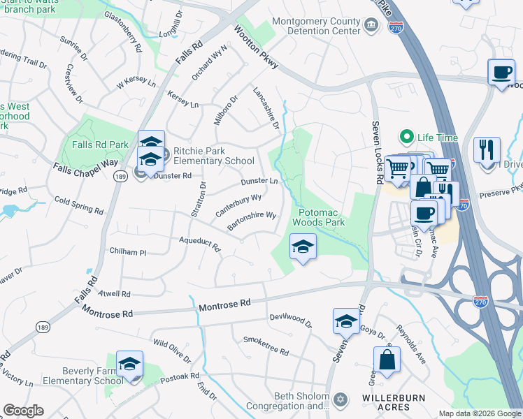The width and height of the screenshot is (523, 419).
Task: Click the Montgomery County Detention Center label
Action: click(x=316, y=27)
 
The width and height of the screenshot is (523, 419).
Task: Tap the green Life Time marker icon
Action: click(x=404, y=136)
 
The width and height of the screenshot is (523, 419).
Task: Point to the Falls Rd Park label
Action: click(x=100, y=145)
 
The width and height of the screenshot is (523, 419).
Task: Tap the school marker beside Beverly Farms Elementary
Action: click(x=129, y=365)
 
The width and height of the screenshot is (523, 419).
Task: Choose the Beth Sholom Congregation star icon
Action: click(x=341, y=399)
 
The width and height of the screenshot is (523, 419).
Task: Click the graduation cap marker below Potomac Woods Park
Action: click(x=302, y=247)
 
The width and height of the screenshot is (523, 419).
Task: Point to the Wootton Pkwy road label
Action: click(x=257, y=48)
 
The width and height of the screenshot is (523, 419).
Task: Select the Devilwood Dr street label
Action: click(x=291, y=320)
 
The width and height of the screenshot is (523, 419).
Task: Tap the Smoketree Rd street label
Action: click(x=266, y=346)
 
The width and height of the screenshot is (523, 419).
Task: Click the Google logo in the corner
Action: click(x=23, y=411)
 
